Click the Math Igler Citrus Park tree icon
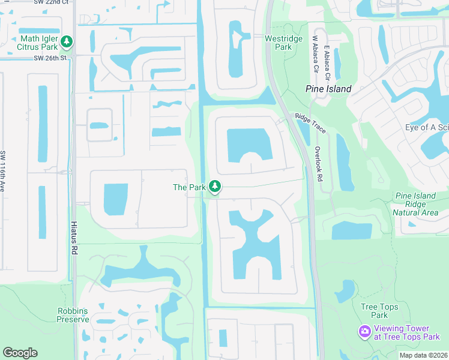point(67,41)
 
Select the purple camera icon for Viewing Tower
point(364,332)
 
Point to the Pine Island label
point(328,89)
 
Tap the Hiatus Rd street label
point(75,235)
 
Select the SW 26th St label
point(49,58)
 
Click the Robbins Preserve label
point(73,315)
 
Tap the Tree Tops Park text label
point(379,311)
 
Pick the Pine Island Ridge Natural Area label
point(415,204)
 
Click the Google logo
point(20,353)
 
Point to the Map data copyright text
point(423,355)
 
